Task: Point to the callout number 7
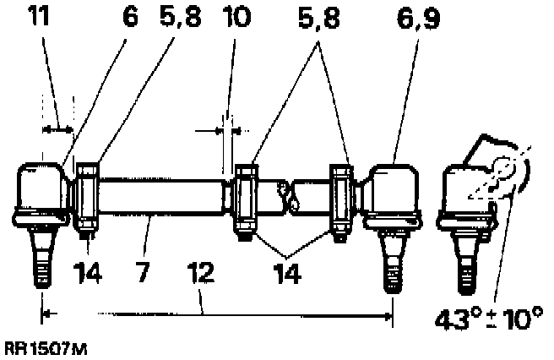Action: pos(145,274)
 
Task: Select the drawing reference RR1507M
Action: pos(45,346)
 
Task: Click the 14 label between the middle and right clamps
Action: pos(293,274)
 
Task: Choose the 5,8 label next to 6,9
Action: pos(321,18)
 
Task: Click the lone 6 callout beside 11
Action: pos(129,18)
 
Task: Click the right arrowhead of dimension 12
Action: pos(388,316)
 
